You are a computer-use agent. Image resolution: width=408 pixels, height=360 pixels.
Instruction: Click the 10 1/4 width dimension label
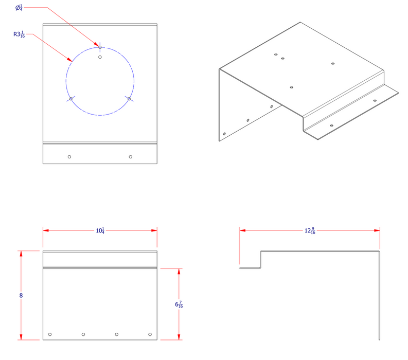click(x=100, y=230)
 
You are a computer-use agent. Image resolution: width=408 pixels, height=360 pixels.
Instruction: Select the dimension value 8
click(x=21, y=296)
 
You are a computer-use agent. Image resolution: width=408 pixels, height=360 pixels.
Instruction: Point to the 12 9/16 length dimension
click(x=310, y=230)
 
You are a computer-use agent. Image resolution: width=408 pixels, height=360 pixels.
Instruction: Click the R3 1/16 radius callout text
click(x=19, y=35)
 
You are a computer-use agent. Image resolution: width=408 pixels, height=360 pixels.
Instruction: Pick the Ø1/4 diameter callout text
click(x=19, y=8)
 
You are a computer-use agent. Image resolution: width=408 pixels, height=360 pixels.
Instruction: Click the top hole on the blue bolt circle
click(x=100, y=47)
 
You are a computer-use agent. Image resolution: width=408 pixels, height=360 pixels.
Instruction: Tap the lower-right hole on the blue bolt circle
click(x=129, y=98)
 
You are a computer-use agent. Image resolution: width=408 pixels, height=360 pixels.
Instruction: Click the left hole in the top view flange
click(x=70, y=156)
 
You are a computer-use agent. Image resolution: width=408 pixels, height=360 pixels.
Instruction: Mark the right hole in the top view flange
click(x=130, y=156)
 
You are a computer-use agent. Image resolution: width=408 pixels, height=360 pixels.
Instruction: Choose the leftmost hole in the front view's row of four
click(x=50, y=335)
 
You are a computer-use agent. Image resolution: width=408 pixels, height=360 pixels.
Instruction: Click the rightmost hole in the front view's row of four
click(x=150, y=335)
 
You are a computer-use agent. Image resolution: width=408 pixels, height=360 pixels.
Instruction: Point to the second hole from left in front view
click(x=83, y=335)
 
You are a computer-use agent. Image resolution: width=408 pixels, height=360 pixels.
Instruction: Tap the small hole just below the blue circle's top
click(x=100, y=57)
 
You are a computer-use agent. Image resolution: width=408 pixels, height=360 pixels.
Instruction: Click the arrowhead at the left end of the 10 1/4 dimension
click(x=45, y=230)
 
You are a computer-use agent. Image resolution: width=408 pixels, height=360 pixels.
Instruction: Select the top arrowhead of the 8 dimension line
click(x=21, y=254)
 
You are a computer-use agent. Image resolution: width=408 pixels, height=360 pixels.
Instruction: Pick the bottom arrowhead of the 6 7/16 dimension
click(x=179, y=337)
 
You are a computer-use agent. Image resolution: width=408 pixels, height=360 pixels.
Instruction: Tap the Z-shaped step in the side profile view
click(x=260, y=260)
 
